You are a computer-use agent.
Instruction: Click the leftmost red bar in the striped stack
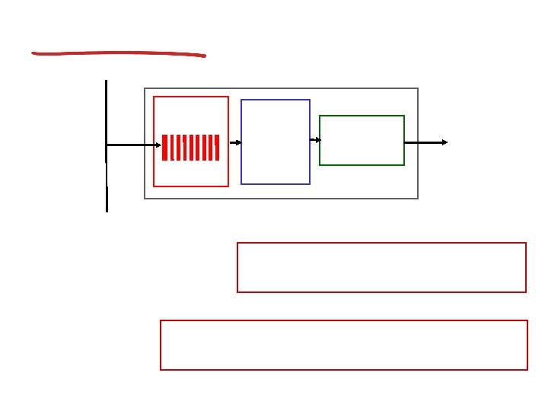pos(164,148)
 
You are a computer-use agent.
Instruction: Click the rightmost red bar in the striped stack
pos(217,148)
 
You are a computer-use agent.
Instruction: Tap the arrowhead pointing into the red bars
pos(159,145)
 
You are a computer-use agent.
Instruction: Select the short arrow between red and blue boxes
pos(235,142)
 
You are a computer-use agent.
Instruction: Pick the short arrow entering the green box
pos(315,140)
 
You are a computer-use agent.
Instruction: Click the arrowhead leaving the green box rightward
pos(445,142)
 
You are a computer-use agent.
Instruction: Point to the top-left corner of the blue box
pos(241,100)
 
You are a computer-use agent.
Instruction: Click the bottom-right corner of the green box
pos(404,164)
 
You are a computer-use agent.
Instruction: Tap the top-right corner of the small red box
pos(228,97)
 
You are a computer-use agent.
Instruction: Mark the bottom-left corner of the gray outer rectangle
pos(145,199)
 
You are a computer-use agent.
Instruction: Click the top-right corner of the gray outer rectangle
pos(419,88)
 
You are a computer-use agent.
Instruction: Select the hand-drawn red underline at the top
pos(118,53)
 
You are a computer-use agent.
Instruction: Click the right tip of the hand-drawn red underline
pos(205,56)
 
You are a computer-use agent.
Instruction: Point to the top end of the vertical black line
pos(106,80)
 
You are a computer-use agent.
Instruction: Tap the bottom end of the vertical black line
pos(107,211)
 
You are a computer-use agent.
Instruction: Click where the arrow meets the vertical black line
pos(107,145)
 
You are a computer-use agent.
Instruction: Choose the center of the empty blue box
pos(276,142)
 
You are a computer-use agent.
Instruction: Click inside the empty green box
pos(362,140)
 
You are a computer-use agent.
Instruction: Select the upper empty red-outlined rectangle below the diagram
pos(381,267)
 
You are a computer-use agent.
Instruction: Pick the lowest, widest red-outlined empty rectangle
pos(344,345)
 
